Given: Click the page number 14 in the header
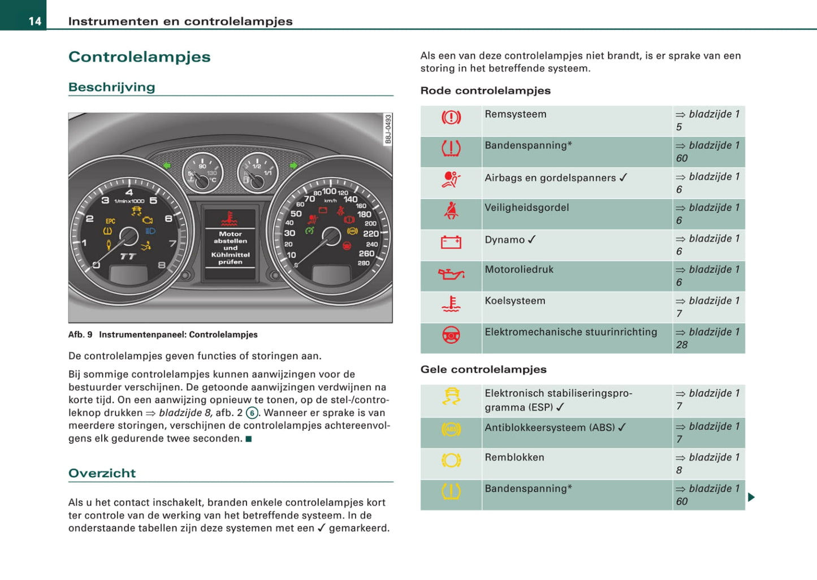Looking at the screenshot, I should [x=34, y=21].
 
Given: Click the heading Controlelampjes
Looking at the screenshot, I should [x=139, y=57].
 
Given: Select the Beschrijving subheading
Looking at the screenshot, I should [x=111, y=87].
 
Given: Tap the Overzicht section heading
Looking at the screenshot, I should [x=102, y=473].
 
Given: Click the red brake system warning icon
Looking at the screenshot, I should [x=451, y=118].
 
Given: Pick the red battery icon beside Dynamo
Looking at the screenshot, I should [x=451, y=243].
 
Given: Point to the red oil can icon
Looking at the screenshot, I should [x=451, y=274].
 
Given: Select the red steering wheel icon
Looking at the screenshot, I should [x=451, y=336].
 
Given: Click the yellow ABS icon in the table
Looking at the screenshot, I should [x=451, y=430].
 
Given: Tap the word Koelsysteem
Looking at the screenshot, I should [x=515, y=301].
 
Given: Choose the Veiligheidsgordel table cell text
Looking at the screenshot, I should [x=526, y=207].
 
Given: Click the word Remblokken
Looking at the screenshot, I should [x=514, y=457].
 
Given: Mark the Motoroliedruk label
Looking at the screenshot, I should [x=518, y=270].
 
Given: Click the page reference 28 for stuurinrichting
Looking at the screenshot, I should [x=682, y=345].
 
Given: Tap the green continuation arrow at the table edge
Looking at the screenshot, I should [x=751, y=497].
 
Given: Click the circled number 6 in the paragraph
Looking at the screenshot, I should [x=252, y=413].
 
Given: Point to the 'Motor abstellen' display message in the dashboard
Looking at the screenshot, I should [x=230, y=237].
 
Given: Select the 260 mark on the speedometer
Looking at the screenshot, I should [x=366, y=254].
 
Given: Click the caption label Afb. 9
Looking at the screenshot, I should [x=80, y=335].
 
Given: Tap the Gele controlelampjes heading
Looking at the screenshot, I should [x=483, y=370].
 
